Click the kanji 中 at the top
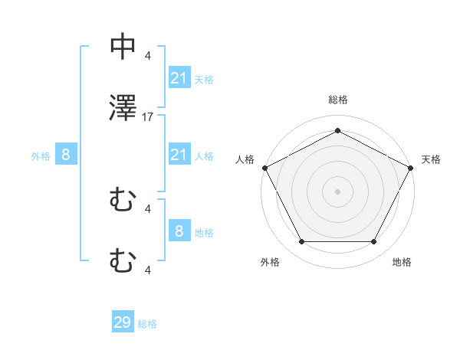pos(123,47)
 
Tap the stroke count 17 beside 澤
pos(148,117)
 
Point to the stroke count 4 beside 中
pos(148,55)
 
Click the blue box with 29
pos(123,322)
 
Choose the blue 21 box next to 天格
pos(179,78)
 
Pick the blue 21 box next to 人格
pos(179,155)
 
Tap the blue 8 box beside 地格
pos(179,231)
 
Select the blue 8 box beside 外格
pos(66,155)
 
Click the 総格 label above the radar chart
pos(337,100)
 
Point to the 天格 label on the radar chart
pos(431,159)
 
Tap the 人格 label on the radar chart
pos(245,159)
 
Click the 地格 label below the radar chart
pos(402,262)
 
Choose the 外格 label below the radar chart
pos(270,262)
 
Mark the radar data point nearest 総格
pos(337,130)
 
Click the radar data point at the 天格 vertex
pos(412,167)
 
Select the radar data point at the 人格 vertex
pos(264,167)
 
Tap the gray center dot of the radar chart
pos(337,191)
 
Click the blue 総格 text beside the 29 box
pos(147,324)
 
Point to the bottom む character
pos(123,262)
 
